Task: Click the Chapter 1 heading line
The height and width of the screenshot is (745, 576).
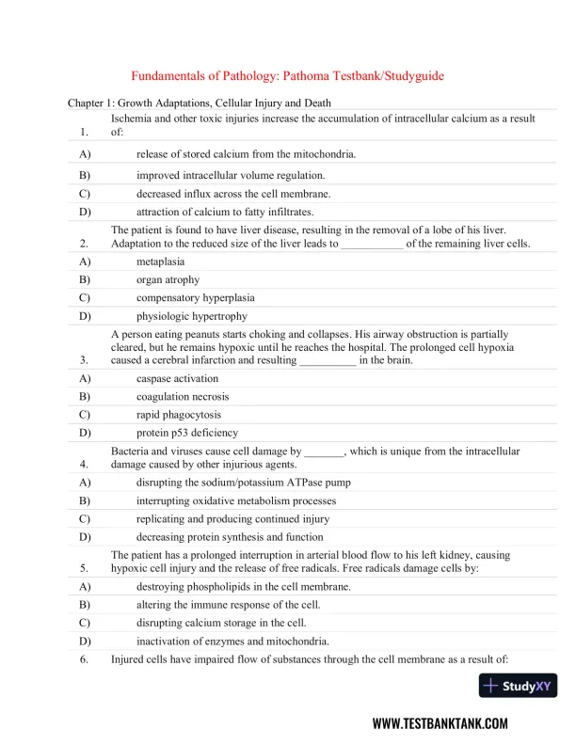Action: point(199,103)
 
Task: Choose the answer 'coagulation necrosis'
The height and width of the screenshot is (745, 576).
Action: point(183,396)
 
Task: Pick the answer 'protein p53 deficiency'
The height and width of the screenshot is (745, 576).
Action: point(187,433)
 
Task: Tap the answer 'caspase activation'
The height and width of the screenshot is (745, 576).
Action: point(177,378)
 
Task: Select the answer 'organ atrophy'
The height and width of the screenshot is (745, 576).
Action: point(168,279)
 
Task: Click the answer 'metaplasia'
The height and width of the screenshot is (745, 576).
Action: point(160,261)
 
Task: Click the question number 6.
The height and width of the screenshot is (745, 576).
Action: point(85,659)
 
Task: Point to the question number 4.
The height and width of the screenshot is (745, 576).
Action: point(85,465)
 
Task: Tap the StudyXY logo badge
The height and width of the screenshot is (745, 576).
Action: point(518,686)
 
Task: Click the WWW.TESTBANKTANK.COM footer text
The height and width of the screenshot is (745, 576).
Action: point(440,723)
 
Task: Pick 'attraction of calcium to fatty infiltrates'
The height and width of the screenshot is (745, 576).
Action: point(225,212)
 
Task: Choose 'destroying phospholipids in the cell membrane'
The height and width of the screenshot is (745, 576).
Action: point(244,586)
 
